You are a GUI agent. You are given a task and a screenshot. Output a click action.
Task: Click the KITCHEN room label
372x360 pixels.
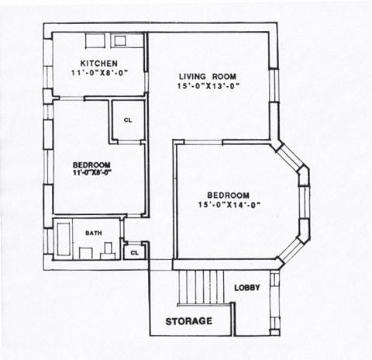[98, 64]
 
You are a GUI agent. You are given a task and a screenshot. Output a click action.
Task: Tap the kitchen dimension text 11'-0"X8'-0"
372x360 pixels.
[98, 73]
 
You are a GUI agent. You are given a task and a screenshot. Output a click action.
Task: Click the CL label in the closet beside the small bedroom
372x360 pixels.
[129, 120]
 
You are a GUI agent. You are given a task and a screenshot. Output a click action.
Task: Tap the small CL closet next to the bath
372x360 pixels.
[134, 252]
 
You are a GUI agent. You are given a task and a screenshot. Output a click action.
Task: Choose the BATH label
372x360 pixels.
[94, 233]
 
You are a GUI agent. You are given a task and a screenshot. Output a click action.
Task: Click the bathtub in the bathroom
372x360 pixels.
[63, 240]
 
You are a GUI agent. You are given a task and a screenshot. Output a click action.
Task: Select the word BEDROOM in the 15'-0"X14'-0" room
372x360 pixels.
[228, 195]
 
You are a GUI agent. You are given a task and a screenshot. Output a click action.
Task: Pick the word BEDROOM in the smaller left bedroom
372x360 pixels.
[91, 164]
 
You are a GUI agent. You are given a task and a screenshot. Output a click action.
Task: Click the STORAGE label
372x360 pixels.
[188, 321]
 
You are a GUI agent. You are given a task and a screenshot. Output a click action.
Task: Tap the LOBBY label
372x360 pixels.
[247, 288]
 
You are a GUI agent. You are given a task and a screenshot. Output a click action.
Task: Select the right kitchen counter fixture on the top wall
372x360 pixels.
[119, 41]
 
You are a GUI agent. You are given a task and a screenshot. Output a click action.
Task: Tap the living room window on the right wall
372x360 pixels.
[274, 85]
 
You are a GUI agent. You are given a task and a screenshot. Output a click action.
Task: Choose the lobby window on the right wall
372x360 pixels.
[274, 303]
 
